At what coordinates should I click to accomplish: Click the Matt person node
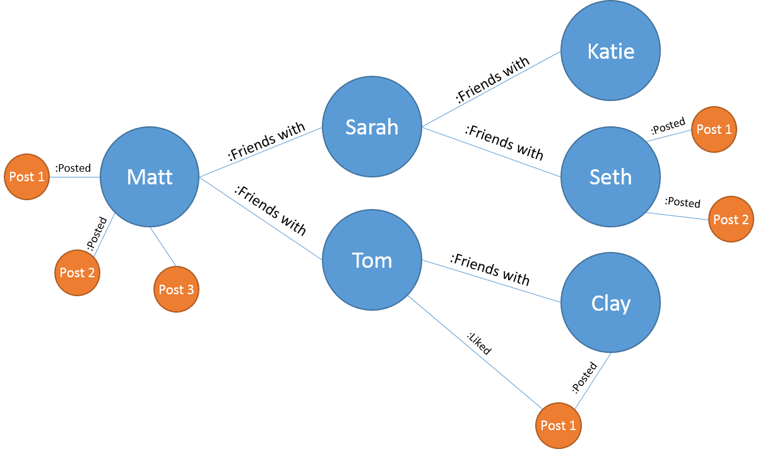150,177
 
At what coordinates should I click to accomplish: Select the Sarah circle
372,127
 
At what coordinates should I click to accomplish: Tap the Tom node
372,260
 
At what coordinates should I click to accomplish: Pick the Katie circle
610,51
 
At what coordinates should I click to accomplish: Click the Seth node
610,177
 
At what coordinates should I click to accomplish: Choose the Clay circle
610,303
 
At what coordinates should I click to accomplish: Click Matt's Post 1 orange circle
27,177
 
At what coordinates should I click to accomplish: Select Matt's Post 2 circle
77,272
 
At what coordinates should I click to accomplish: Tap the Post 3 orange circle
176,289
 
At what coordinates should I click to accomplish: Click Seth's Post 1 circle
714,129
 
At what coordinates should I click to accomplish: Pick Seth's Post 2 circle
731,219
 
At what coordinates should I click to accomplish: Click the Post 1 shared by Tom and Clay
559,425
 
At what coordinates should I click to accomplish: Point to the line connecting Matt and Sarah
261,152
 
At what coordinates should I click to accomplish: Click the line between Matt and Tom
261,219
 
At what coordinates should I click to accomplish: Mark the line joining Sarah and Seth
491,152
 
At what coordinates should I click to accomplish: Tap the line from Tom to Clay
491,281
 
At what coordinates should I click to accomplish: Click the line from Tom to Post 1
475,352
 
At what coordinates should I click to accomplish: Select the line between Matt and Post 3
163,247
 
